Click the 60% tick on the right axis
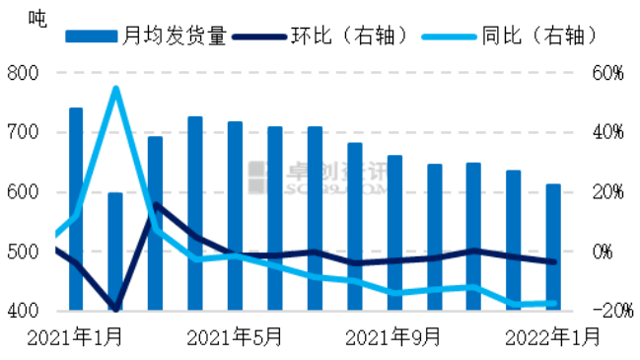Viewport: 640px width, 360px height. point(608,73)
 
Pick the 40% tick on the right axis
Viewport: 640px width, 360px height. point(608,132)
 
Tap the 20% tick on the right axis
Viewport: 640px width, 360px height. point(608,191)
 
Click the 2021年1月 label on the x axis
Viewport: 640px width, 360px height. point(75,337)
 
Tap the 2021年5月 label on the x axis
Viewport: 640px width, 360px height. point(234,337)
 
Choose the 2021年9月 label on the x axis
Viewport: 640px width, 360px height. point(393,337)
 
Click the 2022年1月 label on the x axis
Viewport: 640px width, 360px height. point(552,337)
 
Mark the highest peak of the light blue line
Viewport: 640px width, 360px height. point(115,89)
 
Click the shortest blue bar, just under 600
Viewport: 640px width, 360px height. point(115,252)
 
